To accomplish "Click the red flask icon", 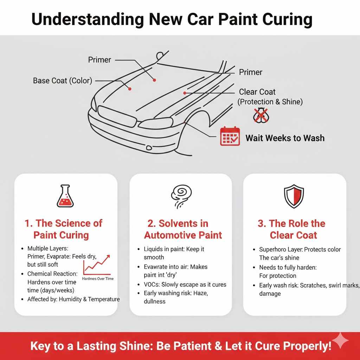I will pyautogui.click(x=65, y=196).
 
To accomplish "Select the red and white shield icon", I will pyautogui.click(x=294, y=196).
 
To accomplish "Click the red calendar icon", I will pyautogui.click(x=230, y=137).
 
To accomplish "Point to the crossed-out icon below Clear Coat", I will pyautogui.click(x=261, y=115).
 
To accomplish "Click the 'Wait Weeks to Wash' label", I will pyautogui.click(x=285, y=137).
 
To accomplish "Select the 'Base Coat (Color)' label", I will pyautogui.click(x=62, y=81).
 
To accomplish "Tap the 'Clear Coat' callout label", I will pyautogui.click(x=257, y=92).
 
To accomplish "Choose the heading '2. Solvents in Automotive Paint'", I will pyautogui.click(x=183, y=229).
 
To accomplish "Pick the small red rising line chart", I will pyautogui.click(x=97, y=265).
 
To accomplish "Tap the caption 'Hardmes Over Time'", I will pyautogui.click(x=97, y=278).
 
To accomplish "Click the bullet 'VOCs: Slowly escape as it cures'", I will pyautogui.click(x=185, y=284).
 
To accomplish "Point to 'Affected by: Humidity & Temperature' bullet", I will pyautogui.click(x=73, y=299).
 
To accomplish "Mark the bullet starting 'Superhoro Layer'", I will pyautogui.click(x=300, y=249).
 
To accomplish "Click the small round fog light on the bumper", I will pyautogui.click(x=149, y=147).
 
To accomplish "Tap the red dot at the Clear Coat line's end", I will pyautogui.click(x=185, y=93).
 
